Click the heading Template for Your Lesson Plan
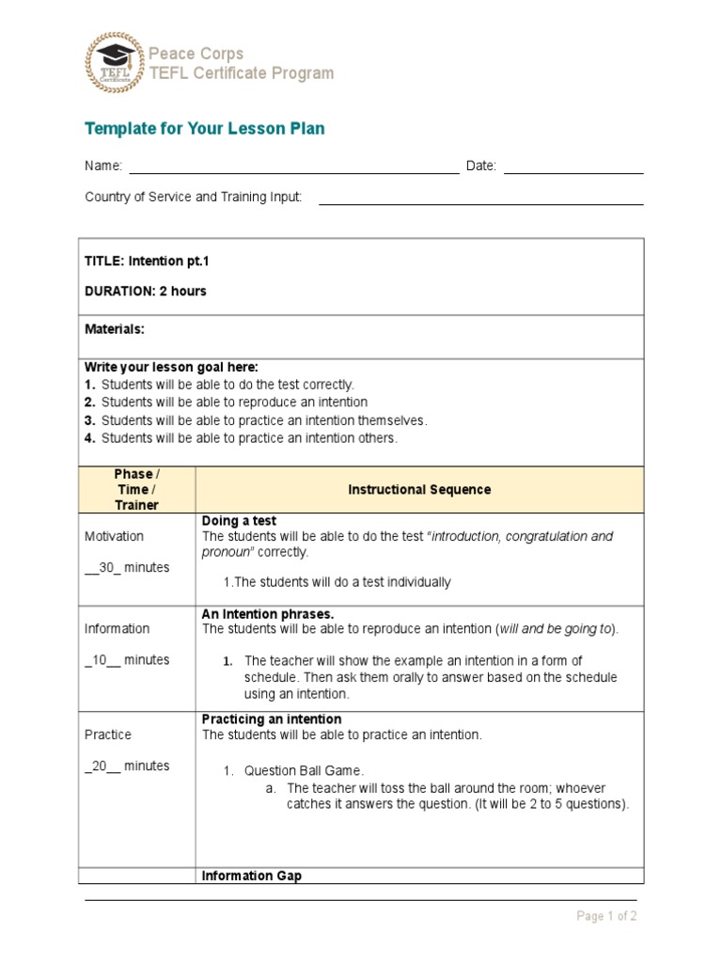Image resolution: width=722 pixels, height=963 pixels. pyautogui.click(x=205, y=129)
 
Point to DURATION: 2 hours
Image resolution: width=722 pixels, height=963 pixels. pyautogui.click(x=146, y=292)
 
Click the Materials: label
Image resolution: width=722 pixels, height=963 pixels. pyautogui.click(x=115, y=329)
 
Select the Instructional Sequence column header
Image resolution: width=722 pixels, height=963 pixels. pyautogui.click(x=419, y=490)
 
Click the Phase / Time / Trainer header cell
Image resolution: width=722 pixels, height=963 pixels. pyautogui.click(x=136, y=490)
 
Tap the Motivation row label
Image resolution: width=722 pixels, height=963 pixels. pyautogui.click(x=115, y=536)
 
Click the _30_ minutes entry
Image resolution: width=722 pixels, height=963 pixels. pyautogui.click(x=127, y=568)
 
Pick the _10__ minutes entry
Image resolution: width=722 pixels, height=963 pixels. pyautogui.click(x=127, y=660)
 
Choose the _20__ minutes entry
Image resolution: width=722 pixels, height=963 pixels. pyautogui.click(x=127, y=766)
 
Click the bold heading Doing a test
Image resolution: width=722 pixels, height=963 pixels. pyautogui.click(x=239, y=521)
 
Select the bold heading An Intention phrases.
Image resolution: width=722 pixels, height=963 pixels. pyautogui.click(x=268, y=614)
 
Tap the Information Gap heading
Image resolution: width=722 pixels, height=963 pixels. pyautogui.click(x=252, y=876)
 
